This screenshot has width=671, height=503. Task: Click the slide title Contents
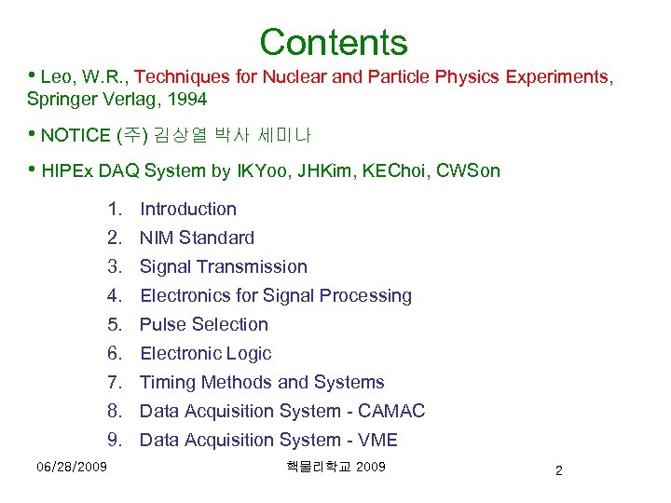pos(334,42)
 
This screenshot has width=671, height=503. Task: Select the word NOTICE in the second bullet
pos(75,136)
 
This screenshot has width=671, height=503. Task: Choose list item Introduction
pos(187,210)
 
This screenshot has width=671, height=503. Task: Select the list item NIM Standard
pos(197,238)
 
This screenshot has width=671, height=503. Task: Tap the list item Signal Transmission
pos(223,267)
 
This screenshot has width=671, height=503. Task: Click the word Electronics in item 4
pos(185,296)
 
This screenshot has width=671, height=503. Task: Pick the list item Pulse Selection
pos(203,325)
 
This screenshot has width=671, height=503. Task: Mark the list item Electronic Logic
pos(205,354)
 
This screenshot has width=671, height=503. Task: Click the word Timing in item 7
pos(168,383)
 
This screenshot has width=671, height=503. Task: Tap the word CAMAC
pos(391,412)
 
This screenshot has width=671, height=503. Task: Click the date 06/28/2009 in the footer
pos(72,466)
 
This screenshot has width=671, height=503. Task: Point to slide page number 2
pos(558,470)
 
